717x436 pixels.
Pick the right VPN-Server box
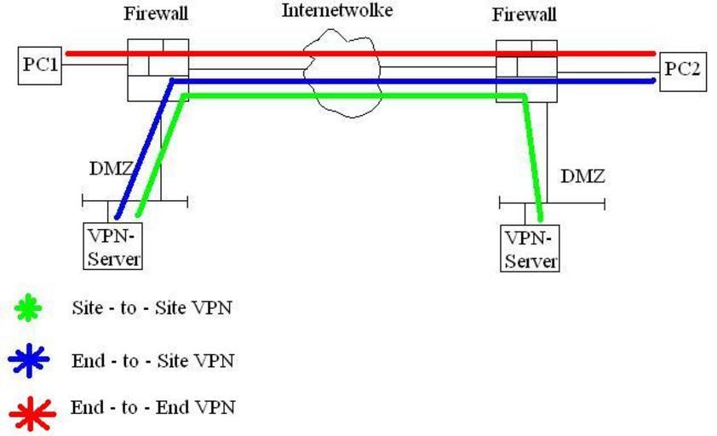[531, 249]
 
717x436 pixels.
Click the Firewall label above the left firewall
[156, 14]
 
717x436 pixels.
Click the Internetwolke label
[338, 11]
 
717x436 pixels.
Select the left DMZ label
[111, 169]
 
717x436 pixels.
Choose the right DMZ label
[582, 177]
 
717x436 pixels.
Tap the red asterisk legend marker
[32, 412]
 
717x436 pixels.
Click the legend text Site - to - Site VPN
[152, 308]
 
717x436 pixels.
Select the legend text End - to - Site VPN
[152, 361]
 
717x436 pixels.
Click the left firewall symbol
[158, 69]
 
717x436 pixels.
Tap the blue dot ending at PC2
[653, 81]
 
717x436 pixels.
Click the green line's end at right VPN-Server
[540, 220]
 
